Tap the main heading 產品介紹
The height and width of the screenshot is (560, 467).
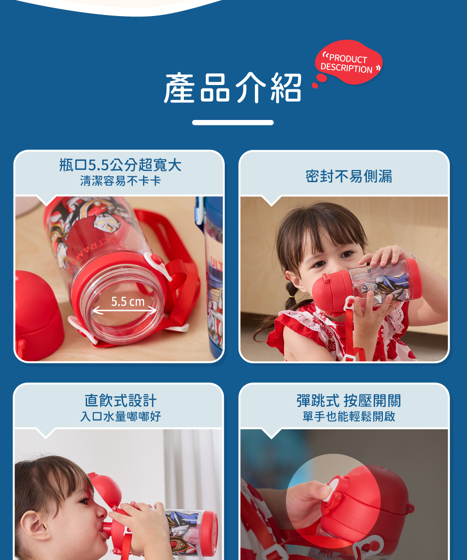(x=233, y=88)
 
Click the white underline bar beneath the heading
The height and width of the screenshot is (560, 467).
(x=233, y=122)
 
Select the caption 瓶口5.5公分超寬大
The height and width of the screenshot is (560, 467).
(x=120, y=165)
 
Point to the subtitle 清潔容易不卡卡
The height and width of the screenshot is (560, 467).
(x=121, y=181)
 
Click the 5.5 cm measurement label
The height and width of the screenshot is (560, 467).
(x=127, y=302)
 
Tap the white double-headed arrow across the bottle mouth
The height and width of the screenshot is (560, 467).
(x=125, y=311)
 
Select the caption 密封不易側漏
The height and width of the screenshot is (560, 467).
(x=349, y=176)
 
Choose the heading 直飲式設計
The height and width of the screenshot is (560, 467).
(x=121, y=400)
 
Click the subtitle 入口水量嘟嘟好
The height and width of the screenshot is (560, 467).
(x=121, y=416)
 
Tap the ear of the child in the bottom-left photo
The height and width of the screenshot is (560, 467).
(x=35, y=525)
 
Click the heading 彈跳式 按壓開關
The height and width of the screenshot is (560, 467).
(x=349, y=400)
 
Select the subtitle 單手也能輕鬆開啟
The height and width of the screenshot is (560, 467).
(x=349, y=416)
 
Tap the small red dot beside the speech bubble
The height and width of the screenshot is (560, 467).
(x=315, y=85)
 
